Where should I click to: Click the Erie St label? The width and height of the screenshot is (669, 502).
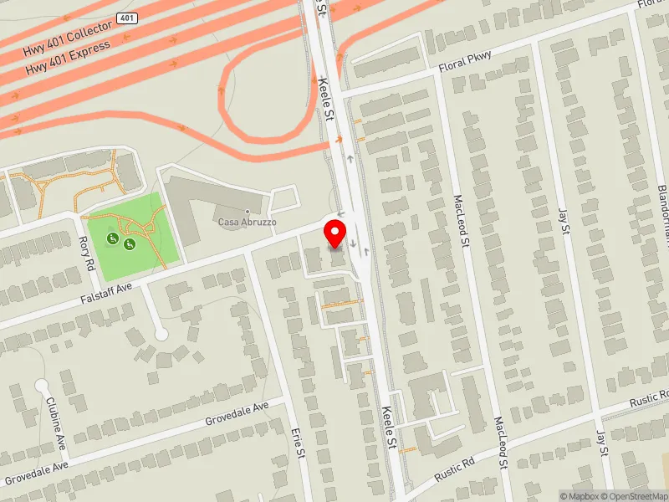point(298,443)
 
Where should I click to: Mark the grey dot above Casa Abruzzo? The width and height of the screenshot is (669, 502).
point(248,211)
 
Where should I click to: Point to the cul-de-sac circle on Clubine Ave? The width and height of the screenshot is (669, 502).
point(42,386)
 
